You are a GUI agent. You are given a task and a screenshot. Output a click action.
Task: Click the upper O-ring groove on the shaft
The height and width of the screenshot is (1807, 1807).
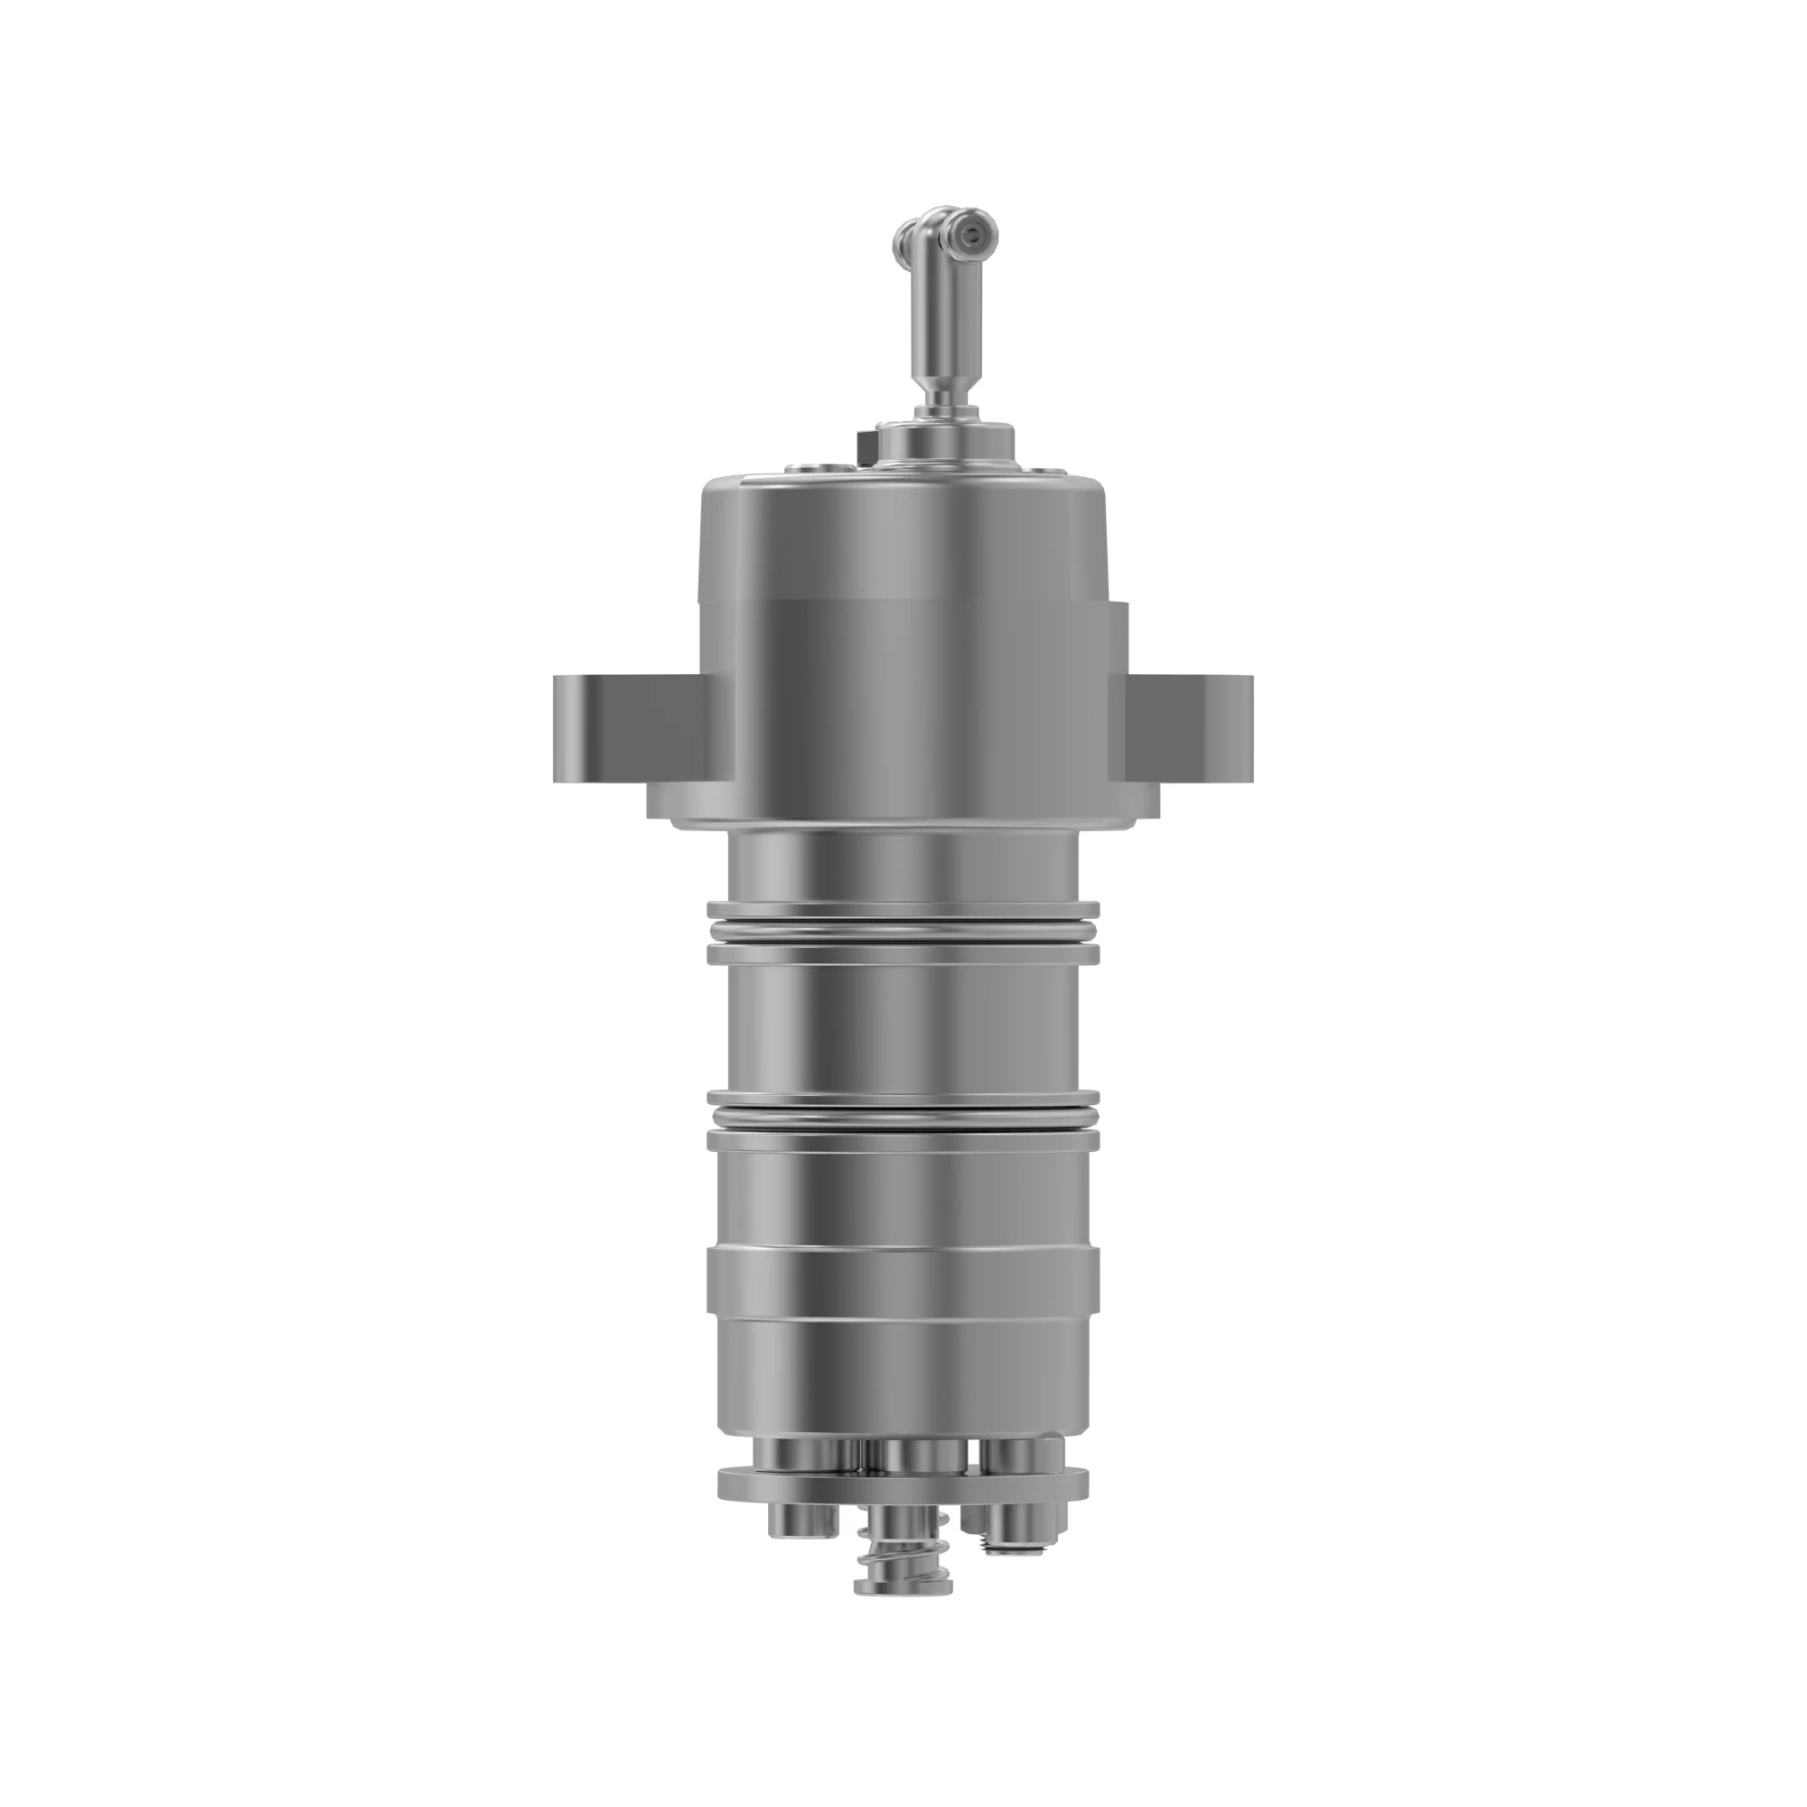click(x=903, y=931)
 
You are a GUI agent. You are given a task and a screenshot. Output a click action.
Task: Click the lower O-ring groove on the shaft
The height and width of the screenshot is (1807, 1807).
click(x=903, y=1117)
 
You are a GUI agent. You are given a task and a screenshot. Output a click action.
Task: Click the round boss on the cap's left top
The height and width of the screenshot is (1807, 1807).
click(x=809, y=469)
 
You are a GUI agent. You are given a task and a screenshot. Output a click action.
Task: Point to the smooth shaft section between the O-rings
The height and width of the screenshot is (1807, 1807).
click(x=903, y=1025)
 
